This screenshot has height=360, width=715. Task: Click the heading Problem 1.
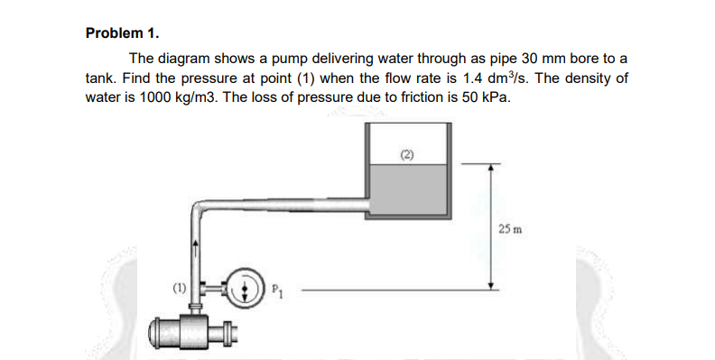point(122,33)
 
